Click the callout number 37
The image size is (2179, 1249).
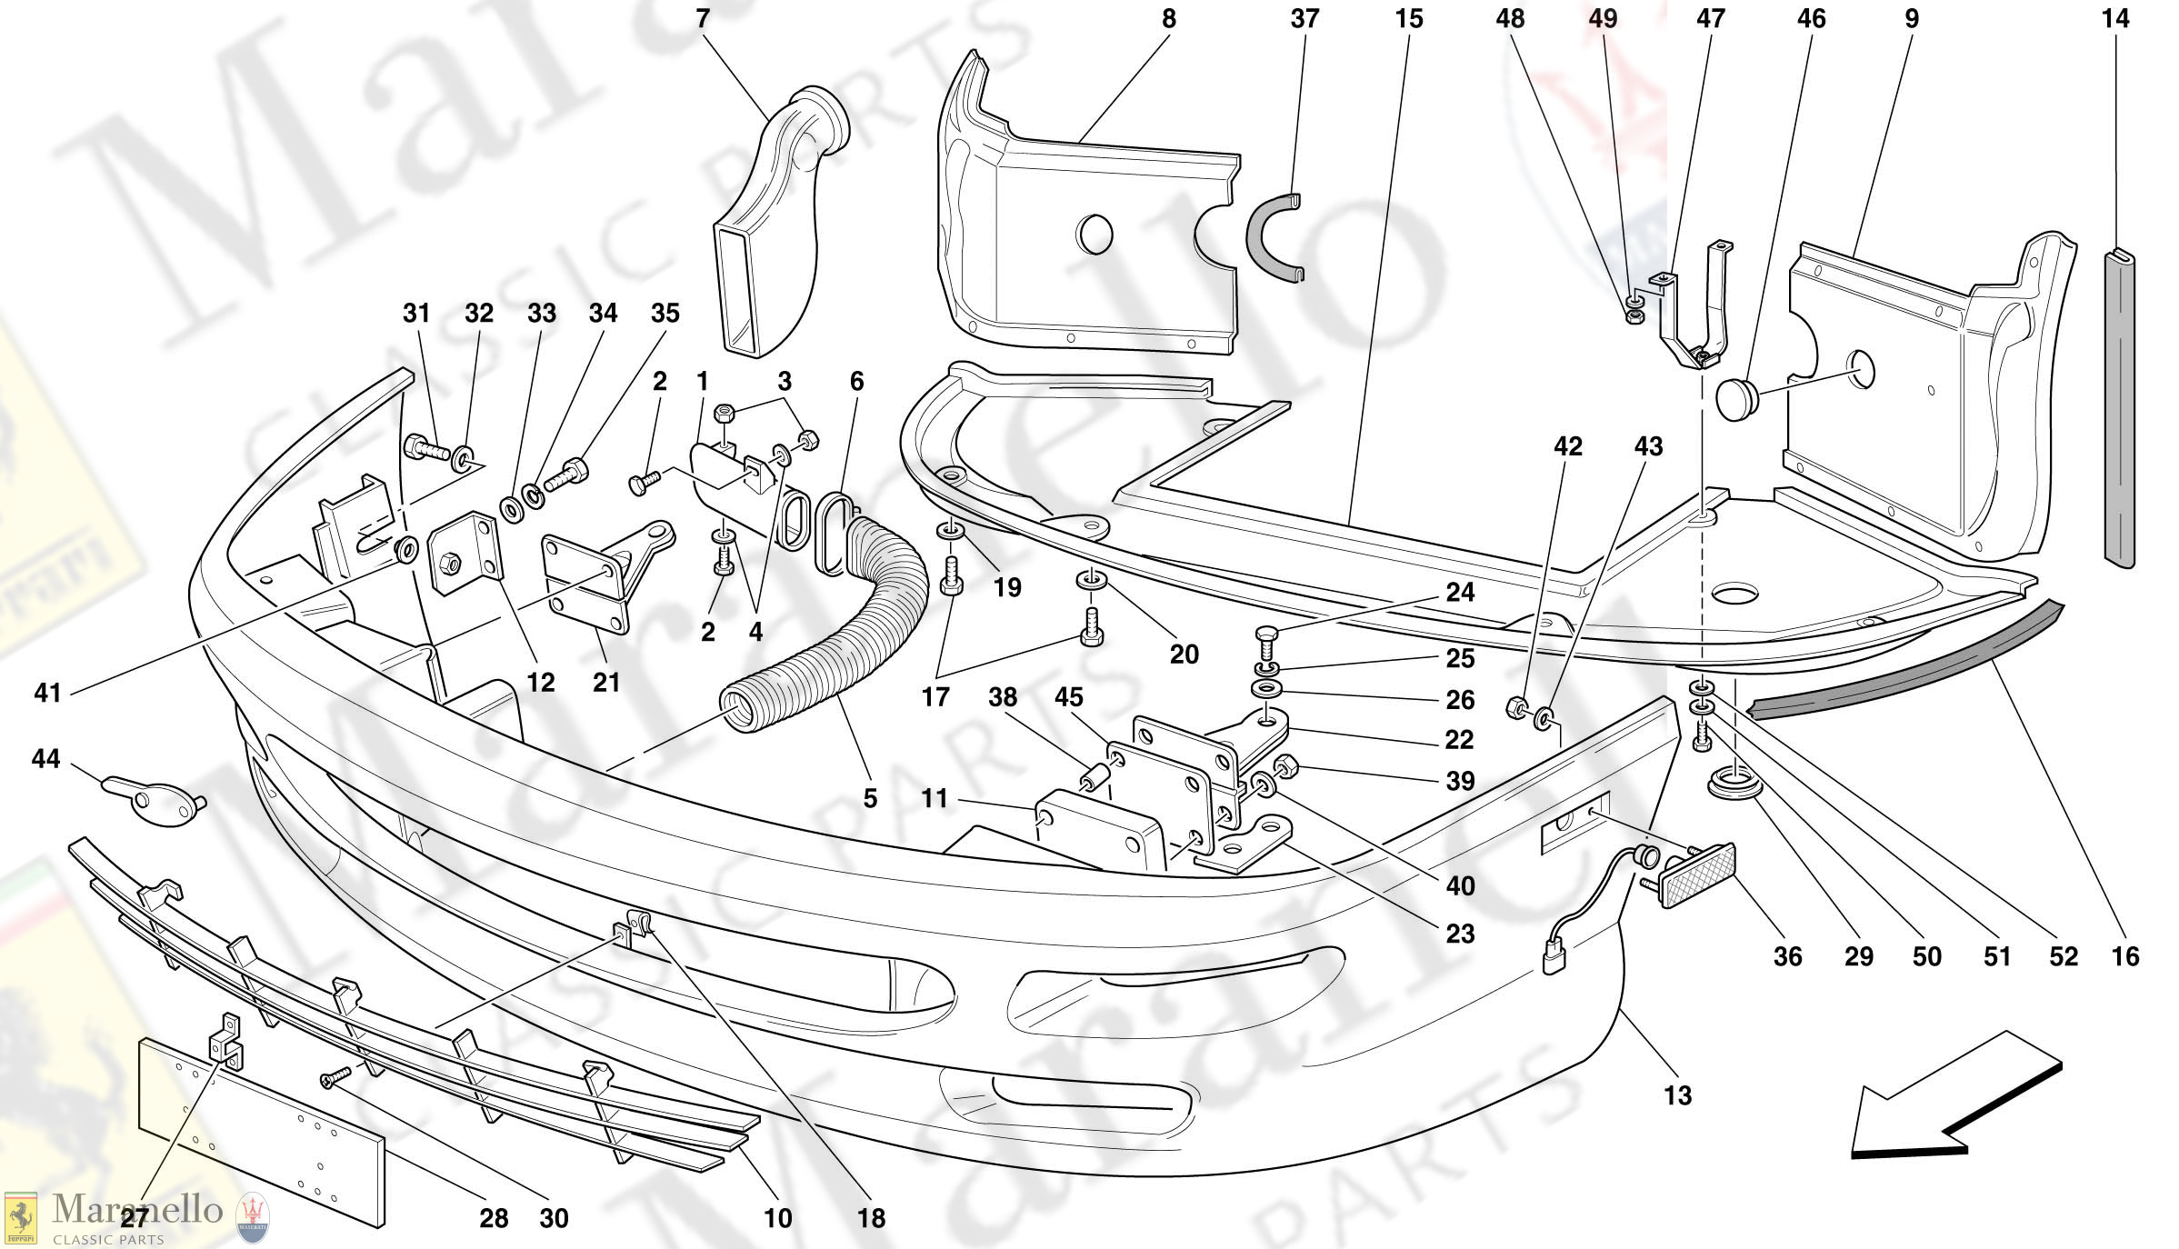point(1304,19)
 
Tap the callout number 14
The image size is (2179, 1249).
point(2115,19)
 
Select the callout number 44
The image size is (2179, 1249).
point(45,759)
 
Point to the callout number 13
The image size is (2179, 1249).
point(1677,1095)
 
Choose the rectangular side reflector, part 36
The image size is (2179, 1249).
point(1696,874)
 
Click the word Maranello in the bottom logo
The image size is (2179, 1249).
point(137,1210)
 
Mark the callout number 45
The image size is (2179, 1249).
point(1068,697)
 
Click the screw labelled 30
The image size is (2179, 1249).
point(335,1078)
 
